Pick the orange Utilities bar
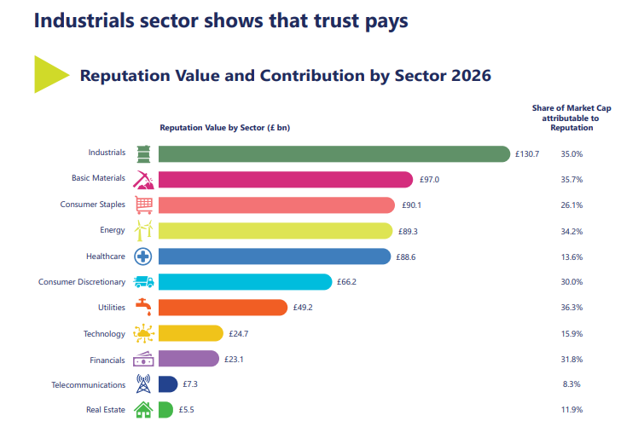coord(223,307)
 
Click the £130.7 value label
coord(527,153)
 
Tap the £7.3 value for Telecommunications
coord(189,384)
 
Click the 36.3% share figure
coord(571,307)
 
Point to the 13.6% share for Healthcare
coord(571,256)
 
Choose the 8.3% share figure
coord(571,384)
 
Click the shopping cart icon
coord(143,205)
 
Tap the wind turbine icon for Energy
coord(143,230)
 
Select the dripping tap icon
coord(143,307)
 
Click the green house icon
coord(143,410)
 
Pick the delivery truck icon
coord(143,281)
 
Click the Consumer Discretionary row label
coord(82,281)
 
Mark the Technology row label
coord(104,333)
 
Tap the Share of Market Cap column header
coord(571,118)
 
